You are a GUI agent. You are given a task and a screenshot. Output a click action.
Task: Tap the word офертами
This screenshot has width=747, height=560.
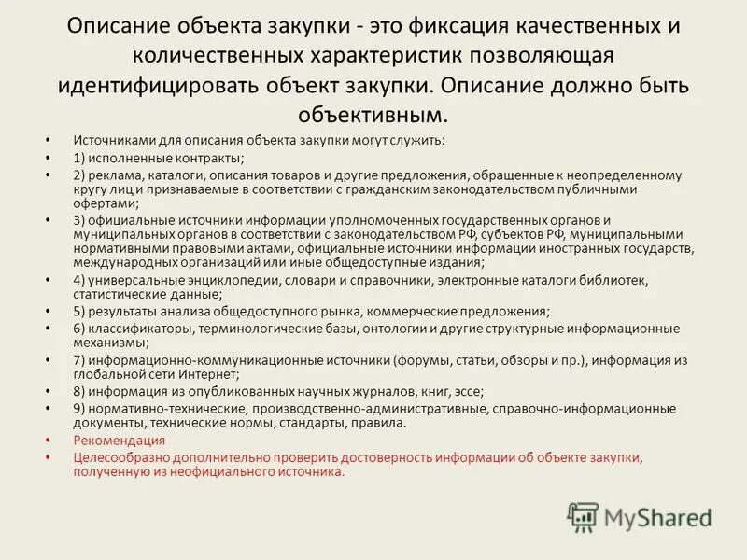tap(104, 203)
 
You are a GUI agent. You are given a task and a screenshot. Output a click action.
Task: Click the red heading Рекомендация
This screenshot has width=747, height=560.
tap(119, 441)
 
